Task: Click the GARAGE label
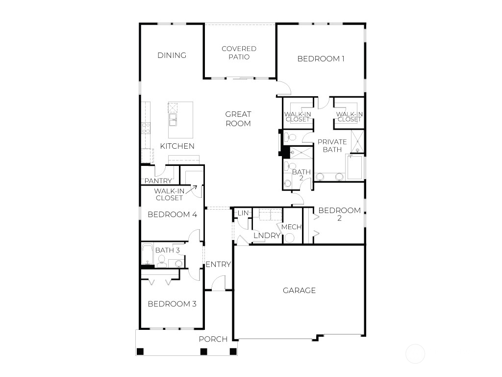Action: [x=299, y=291]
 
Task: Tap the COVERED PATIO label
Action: [x=239, y=53]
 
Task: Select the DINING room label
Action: [x=172, y=55]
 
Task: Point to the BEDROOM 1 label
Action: [x=321, y=59]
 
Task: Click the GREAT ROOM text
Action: [x=238, y=119]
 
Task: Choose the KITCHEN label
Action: [x=177, y=146]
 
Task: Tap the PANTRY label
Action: [x=158, y=181]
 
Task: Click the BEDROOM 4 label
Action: [x=172, y=215]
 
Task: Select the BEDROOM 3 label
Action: [x=172, y=304]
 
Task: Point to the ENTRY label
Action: [x=218, y=265]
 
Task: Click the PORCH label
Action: [x=213, y=339]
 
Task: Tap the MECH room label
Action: [x=291, y=227]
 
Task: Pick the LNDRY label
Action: [x=267, y=236]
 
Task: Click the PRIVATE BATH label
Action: [x=332, y=145]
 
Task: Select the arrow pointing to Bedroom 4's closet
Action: [x=192, y=189]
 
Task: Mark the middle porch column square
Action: [x=203, y=351]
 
